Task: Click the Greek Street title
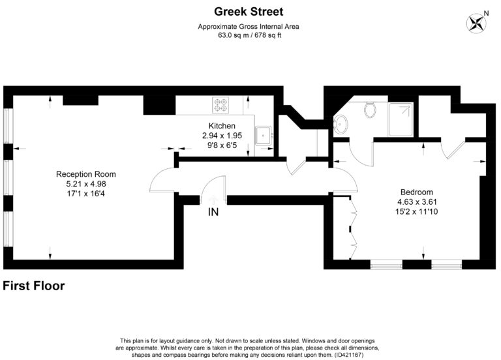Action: pos(249,12)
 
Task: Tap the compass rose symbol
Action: pos(476,23)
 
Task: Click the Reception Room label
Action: pos(86,174)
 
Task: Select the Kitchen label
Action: pos(222,126)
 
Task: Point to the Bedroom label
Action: pos(417,192)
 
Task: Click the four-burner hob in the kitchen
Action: pos(220,105)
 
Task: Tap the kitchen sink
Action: pos(264,136)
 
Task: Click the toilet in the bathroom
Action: pos(370,110)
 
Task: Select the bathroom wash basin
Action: pos(341,124)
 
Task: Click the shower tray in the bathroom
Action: pos(401,119)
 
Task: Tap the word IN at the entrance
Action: pos(213,212)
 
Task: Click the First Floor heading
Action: pos(34,286)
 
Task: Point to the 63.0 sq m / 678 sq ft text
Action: pos(250,35)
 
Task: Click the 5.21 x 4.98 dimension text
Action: pos(86,184)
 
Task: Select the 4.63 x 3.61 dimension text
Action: pos(417,202)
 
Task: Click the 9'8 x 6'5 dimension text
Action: pos(222,145)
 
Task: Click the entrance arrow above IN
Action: pos(213,200)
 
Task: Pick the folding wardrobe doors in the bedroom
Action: pos(353,228)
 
